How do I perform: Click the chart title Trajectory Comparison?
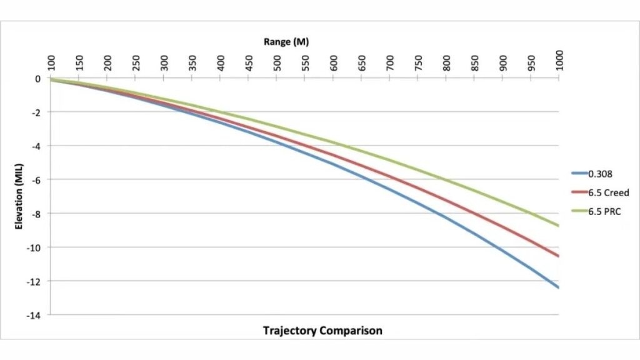322,330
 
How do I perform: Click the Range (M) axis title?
286,42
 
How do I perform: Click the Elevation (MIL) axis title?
19,196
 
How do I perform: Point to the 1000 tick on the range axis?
559,61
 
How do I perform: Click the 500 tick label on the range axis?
277,62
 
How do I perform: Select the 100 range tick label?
52,62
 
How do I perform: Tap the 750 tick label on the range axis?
418,62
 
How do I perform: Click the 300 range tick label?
164,62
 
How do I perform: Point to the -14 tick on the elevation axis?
34,315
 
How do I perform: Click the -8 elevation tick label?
36,214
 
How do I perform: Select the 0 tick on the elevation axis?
38,79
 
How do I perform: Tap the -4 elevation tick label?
36,146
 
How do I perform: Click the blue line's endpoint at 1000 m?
558,287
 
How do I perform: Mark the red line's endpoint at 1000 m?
558,256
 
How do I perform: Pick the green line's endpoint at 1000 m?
558,226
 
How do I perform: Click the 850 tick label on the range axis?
475,62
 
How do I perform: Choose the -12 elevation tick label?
34,281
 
